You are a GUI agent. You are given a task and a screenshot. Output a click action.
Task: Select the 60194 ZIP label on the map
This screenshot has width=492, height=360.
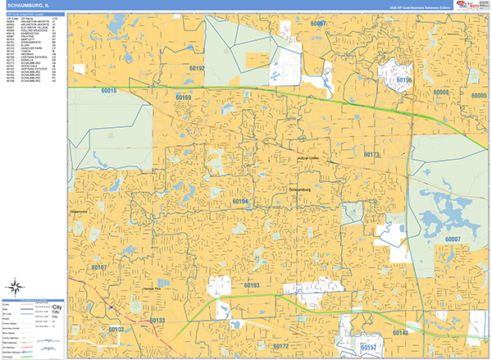(240, 200)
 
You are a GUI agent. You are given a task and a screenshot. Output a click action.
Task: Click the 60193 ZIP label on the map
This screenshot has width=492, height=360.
(252, 285)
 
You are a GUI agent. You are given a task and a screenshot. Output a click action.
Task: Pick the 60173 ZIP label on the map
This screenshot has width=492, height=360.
(371, 154)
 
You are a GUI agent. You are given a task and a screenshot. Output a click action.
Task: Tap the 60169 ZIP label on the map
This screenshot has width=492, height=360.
(183, 98)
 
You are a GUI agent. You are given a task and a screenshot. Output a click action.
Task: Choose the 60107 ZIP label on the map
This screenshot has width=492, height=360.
(99, 268)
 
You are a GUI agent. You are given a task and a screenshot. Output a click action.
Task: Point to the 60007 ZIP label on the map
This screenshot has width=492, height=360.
(453, 239)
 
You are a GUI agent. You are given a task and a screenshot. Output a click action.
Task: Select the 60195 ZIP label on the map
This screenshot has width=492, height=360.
(404, 80)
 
